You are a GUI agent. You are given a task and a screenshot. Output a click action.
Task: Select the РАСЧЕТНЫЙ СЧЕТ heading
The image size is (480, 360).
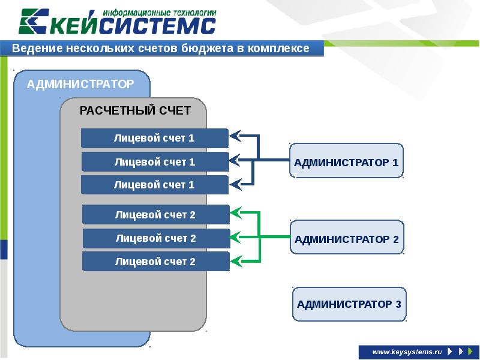pos(135,110)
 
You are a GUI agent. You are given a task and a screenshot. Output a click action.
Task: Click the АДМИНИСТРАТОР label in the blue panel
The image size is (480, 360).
pos(80,84)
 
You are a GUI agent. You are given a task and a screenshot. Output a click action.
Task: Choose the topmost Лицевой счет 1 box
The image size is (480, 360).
pos(155,138)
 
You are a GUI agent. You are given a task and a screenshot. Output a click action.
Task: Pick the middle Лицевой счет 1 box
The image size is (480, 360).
pos(155,161)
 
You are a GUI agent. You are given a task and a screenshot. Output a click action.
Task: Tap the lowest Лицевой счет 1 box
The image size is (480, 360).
pos(155,185)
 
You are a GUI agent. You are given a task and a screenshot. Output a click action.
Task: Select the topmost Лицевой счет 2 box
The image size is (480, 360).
pos(155,215)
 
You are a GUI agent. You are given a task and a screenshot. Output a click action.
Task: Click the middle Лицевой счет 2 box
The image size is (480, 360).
pos(156,238)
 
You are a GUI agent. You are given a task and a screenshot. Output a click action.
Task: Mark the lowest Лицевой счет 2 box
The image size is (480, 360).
pos(155,262)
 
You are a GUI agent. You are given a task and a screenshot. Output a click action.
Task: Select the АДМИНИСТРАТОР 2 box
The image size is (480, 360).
pos(347,238)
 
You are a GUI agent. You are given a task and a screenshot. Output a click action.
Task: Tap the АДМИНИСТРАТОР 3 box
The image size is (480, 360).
pos(349,304)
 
